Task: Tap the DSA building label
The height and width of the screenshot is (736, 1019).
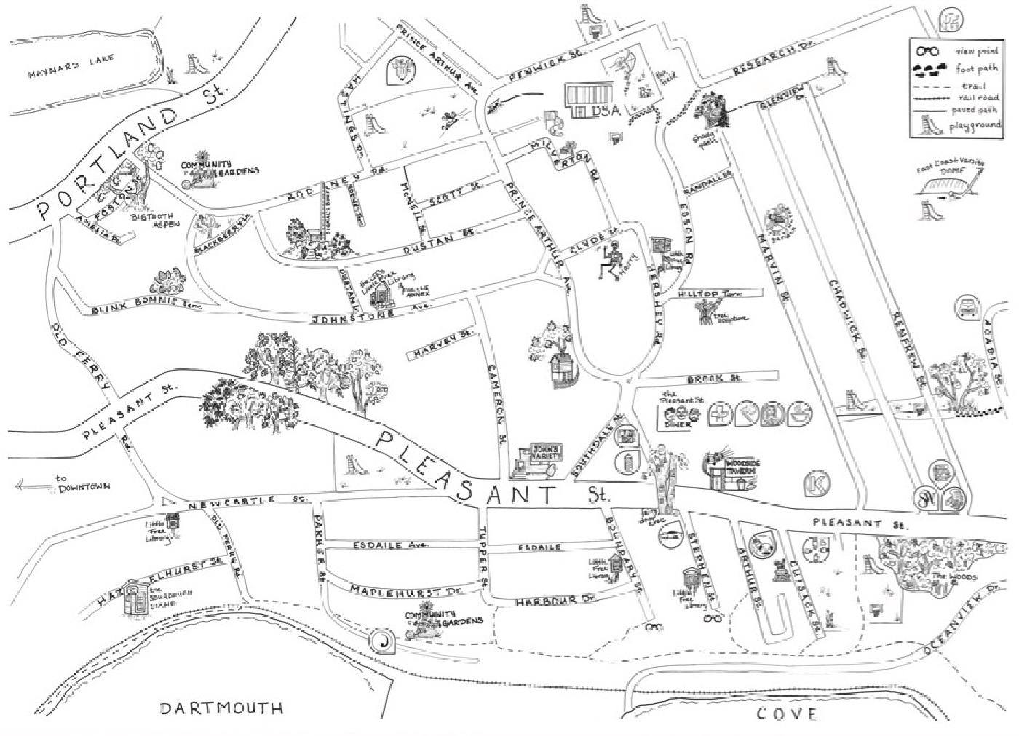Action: [x=605, y=111]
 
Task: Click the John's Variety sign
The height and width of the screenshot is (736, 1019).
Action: [x=544, y=451]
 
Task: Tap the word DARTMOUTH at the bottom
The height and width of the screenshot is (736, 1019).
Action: [x=221, y=708]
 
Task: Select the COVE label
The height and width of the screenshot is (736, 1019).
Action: [x=787, y=713]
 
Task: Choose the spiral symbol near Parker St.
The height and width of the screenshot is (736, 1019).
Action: [x=381, y=641]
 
